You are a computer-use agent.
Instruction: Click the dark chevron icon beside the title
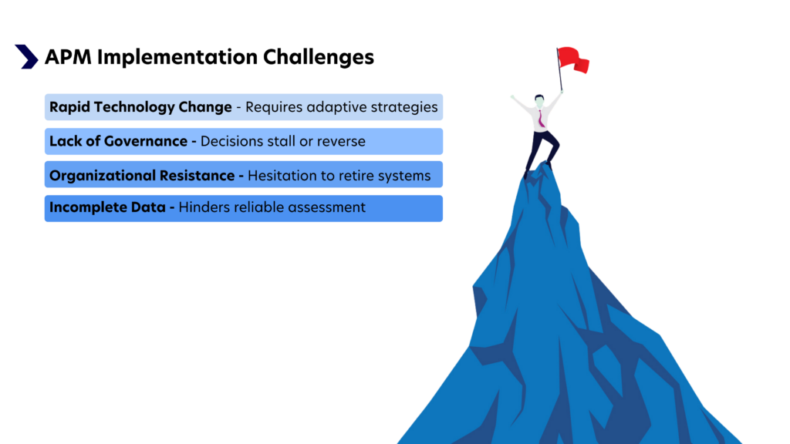click(26, 56)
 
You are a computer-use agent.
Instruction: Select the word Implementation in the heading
click(178, 57)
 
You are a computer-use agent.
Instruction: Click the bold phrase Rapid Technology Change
click(140, 108)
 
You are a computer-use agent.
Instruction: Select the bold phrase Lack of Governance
click(118, 142)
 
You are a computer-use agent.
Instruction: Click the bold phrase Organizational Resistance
click(141, 176)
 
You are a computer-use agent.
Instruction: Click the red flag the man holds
click(572, 59)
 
